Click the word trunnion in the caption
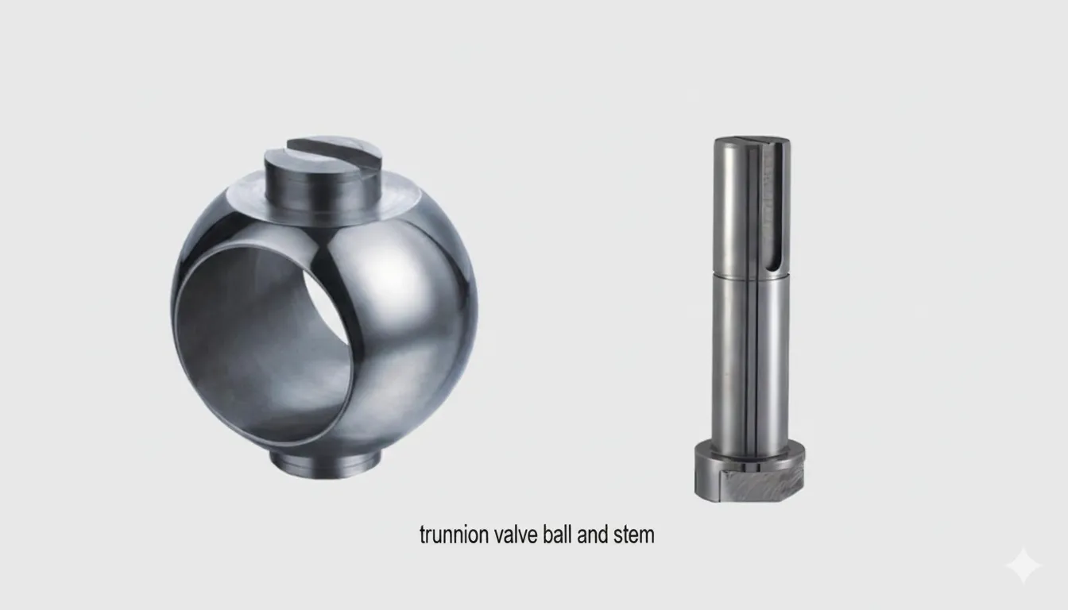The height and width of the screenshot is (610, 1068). tap(451, 535)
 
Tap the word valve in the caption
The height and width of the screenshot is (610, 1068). tap(514, 535)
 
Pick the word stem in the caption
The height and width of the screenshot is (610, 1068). tap(634, 535)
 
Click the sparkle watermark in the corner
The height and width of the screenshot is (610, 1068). tap(1022, 566)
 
